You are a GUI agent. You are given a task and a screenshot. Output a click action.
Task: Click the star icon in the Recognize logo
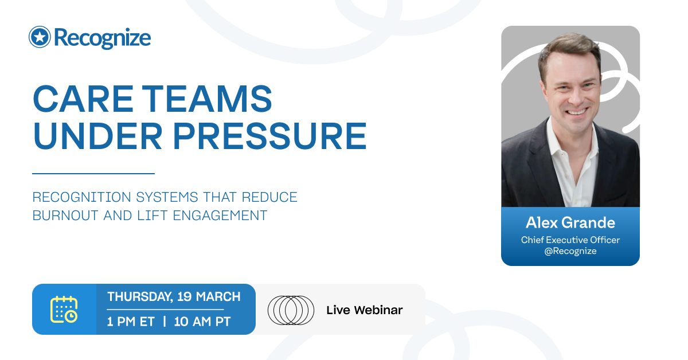[x=40, y=37]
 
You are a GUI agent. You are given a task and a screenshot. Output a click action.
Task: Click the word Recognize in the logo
[x=103, y=38]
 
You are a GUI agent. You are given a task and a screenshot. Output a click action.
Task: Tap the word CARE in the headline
[x=83, y=99]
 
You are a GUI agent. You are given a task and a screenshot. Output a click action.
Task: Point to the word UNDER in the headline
[x=98, y=136]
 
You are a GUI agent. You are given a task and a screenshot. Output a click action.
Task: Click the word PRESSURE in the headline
[x=270, y=136]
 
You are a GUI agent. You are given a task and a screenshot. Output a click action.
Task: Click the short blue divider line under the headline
[x=93, y=174]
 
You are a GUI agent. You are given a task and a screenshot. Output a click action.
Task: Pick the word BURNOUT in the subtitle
[x=65, y=216]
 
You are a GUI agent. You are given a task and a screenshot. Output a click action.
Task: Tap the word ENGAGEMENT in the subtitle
[x=220, y=216]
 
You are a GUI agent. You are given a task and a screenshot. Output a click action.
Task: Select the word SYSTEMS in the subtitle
[x=167, y=197]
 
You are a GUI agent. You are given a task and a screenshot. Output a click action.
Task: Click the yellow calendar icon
[x=64, y=310]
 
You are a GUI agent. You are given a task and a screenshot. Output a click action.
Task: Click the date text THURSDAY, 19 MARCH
[x=174, y=297]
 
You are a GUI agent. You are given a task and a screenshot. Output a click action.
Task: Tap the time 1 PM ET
[x=131, y=322]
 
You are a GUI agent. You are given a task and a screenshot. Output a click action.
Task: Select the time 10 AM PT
[x=202, y=322]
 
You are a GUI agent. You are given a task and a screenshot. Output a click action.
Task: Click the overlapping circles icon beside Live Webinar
[x=291, y=310]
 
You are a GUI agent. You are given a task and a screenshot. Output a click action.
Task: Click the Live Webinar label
[x=365, y=310]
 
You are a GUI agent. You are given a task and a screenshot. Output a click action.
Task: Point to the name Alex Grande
[x=570, y=222]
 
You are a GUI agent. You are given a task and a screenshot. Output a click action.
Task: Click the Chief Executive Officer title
[x=570, y=240]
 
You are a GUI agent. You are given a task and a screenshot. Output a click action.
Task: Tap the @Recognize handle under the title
[x=570, y=251]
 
